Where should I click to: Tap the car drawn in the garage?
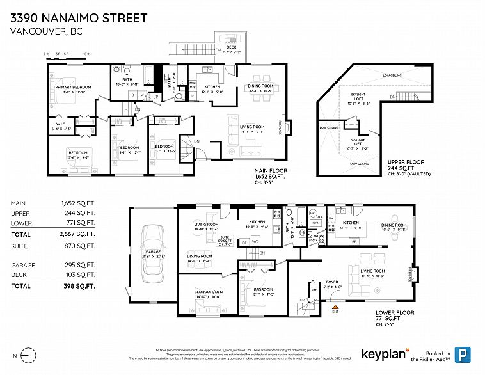pos(154,250)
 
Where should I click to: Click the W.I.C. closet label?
pos(59,125)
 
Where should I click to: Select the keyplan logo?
pos(383,353)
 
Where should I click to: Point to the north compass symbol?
pos(28,354)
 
